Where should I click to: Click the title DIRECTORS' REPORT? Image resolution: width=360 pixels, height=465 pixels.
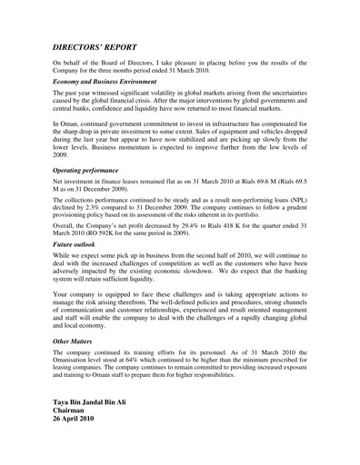coord(108,44)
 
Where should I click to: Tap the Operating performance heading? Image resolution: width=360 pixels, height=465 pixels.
coord(87,170)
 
